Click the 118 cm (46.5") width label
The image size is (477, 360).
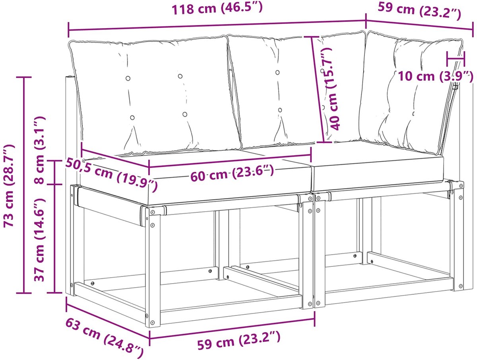coord(217,9)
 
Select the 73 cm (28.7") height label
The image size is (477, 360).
coord(9,185)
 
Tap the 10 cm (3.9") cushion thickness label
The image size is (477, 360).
coord(436,76)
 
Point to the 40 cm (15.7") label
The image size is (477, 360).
coord(330,89)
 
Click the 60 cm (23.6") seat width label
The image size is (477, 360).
coord(232,173)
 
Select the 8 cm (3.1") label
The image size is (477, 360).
coord(40,150)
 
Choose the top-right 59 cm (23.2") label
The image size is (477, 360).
coord(419,10)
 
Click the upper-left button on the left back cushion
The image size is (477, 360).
coord(128,78)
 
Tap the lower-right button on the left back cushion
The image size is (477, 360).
coord(185,114)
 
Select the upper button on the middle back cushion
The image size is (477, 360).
coord(277,72)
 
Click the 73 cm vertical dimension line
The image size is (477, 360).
coord(24,185)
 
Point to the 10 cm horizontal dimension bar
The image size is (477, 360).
coord(456,59)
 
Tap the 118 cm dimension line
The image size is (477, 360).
coord(217,25)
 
